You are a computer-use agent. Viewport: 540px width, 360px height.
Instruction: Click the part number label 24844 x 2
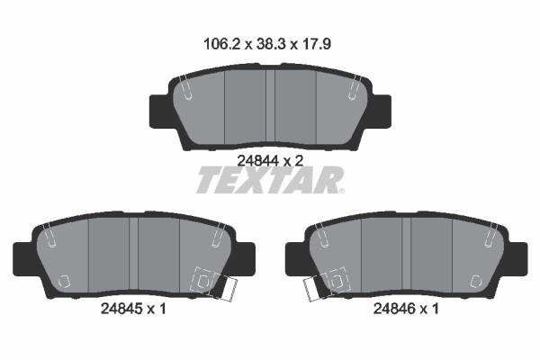[268, 160]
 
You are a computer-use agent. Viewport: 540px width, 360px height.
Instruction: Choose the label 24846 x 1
[407, 309]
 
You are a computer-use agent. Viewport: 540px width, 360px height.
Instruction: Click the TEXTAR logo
[267, 181]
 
